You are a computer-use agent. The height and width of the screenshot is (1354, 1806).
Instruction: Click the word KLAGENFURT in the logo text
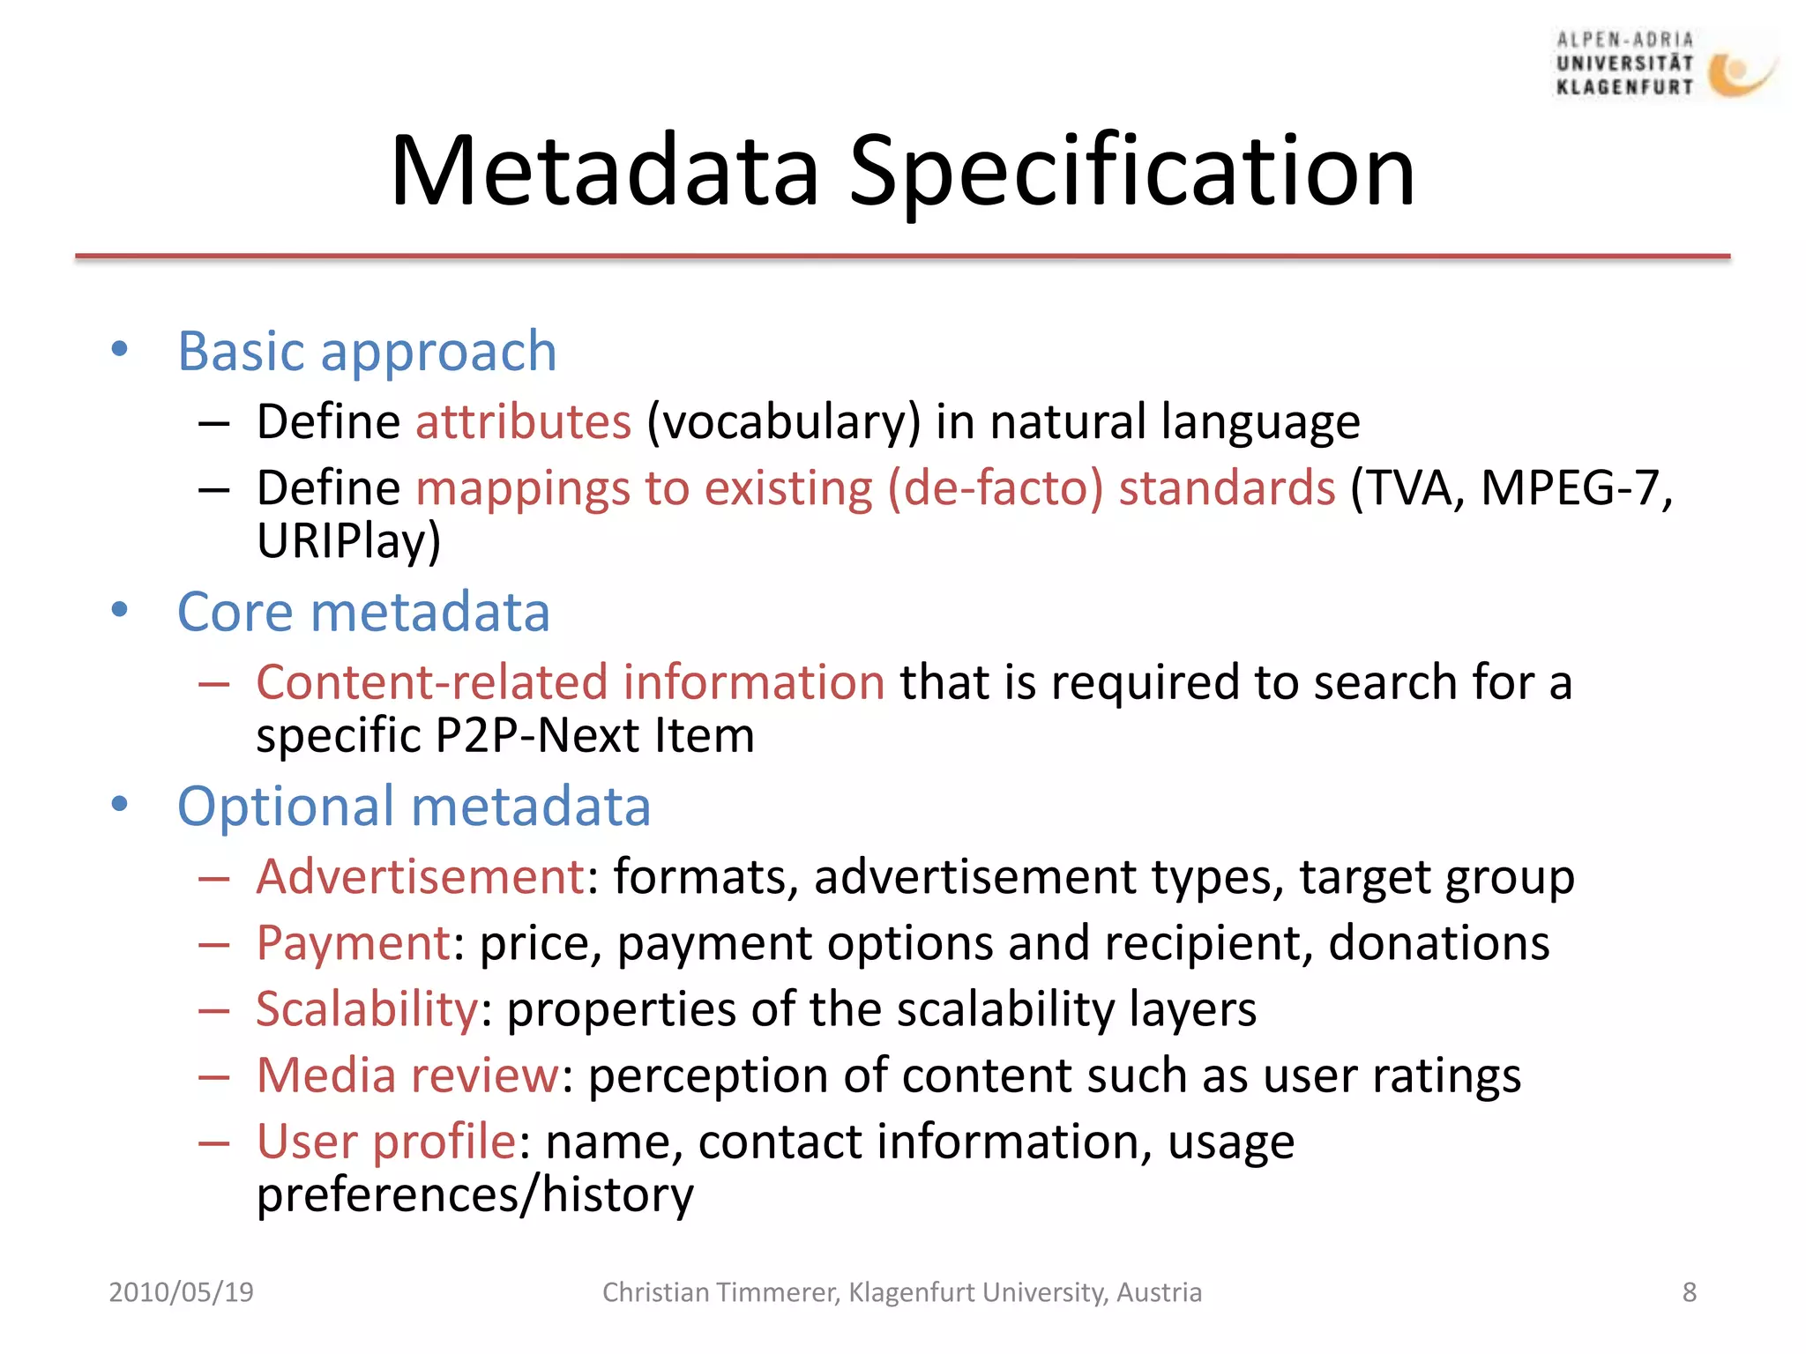click(x=1624, y=86)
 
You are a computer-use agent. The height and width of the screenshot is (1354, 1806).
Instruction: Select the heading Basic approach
click(x=367, y=352)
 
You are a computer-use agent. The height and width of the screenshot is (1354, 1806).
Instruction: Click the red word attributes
click(x=523, y=421)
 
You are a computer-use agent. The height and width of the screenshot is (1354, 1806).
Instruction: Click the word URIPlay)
click(x=348, y=540)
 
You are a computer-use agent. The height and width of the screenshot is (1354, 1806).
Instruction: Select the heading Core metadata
click(x=363, y=612)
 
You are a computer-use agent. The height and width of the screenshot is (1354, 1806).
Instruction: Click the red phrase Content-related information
click(x=571, y=682)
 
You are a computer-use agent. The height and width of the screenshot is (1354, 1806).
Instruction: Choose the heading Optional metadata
click(x=414, y=807)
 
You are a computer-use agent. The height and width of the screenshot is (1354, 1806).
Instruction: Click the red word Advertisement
click(x=421, y=877)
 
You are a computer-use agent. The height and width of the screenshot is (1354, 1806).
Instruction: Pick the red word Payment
click(x=354, y=943)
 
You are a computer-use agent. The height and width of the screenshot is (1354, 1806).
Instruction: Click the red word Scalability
click(x=367, y=1009)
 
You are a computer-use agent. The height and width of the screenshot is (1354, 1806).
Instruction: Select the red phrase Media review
click(x=407, y=1075)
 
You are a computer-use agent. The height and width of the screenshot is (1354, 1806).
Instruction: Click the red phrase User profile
click(x=385, y=1142)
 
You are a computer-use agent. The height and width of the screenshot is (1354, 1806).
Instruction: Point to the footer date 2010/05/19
click(x=181, y=1292)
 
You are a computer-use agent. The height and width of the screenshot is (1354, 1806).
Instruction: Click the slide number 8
click(x=1689, y=1292)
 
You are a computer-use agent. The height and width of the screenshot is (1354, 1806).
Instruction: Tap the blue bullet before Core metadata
click(x=120, y=610)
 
